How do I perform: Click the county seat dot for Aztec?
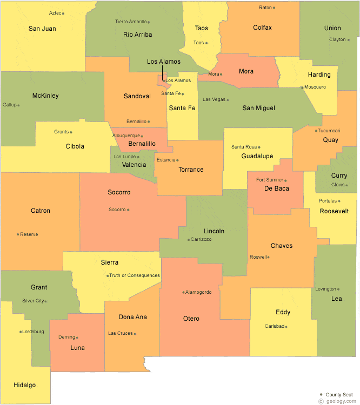tap(63, 13)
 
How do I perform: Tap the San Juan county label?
tap(42, 29)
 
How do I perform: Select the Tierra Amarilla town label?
tap(131, 22)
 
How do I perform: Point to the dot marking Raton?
tap(274, 8)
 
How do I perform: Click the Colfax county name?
tap(262, 28)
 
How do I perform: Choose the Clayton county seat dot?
tap(349, 39)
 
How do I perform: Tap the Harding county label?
tap(319, 75)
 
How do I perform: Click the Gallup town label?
tap(9, 105)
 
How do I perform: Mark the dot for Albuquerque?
tap(142, 136)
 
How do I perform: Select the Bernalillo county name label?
tap(142, 144)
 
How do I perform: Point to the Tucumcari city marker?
tap(316, 131)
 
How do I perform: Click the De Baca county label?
tap(276, 188)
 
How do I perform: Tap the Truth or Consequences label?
tap(135, 275)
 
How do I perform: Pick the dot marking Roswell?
tap(269, 257)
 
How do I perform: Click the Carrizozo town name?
tap(201, 239)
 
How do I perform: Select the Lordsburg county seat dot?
tap(21, 332)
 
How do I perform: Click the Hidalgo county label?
tap(25, 385)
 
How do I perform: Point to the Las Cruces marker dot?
tap(135, 333)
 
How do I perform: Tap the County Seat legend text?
tap(339, 395)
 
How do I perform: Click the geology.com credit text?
tap(338, 401)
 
